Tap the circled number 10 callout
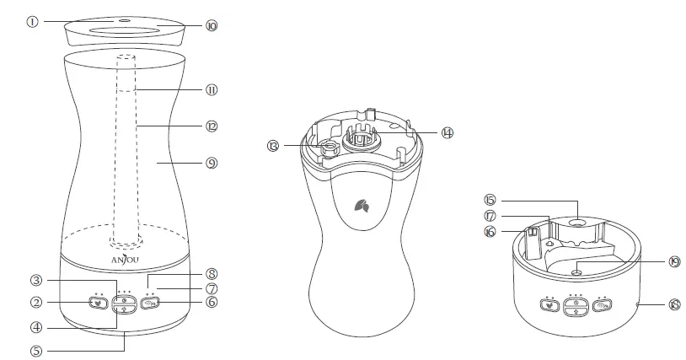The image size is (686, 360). click(x=212, y=26)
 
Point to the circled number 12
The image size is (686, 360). click(x=212, y=126)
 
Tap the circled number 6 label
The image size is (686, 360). click(x=212, y=302)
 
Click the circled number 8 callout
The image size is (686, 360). click(x=212, y=273)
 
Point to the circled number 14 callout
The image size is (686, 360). click(x=447, y=132)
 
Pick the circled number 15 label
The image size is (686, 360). click(x=489, y=200)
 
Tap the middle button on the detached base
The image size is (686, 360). click(x=576, y=306)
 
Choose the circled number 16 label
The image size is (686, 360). click(x=489, y=231)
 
